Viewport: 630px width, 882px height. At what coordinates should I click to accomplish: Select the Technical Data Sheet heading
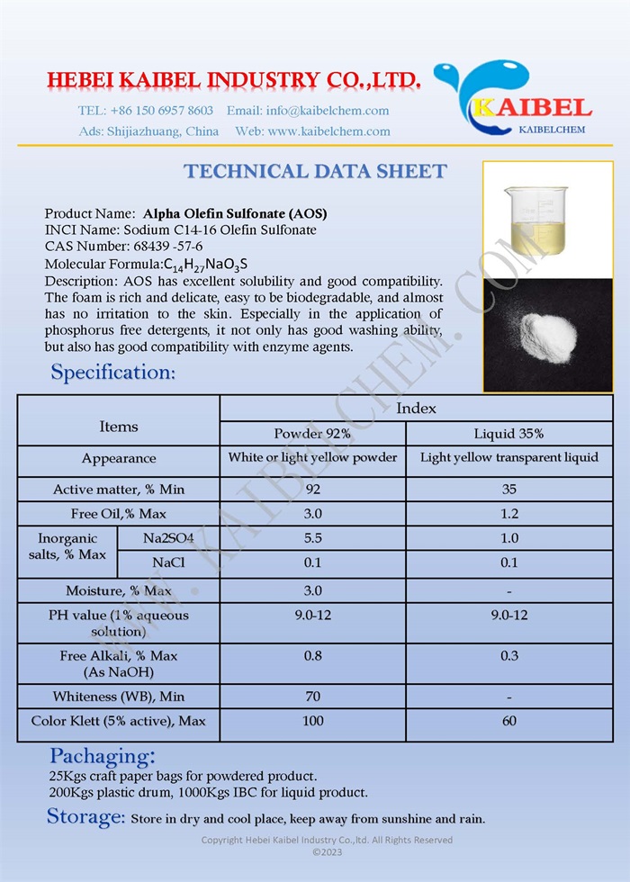coord(315,171)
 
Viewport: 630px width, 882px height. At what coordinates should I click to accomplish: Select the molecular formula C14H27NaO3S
coord(206,264)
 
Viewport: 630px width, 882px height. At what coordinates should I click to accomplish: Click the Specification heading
coord(112,372)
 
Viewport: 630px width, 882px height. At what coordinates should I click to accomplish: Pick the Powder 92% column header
coord(312,433)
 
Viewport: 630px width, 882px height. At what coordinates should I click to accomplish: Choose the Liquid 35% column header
coord(508,433)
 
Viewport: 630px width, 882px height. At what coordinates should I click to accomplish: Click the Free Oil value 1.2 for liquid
coord(508,514)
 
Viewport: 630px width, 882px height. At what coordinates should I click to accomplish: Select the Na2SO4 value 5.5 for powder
coord(312,538)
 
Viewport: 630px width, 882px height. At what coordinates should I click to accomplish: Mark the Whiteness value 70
coord(312,697)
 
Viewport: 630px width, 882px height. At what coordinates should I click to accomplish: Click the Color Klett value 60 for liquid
coord(508,721)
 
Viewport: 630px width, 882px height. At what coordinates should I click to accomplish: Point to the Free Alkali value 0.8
coord(312,656)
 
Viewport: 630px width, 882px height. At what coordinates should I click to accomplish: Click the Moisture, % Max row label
coord(119,591)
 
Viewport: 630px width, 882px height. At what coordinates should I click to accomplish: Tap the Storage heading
coord(85,817)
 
